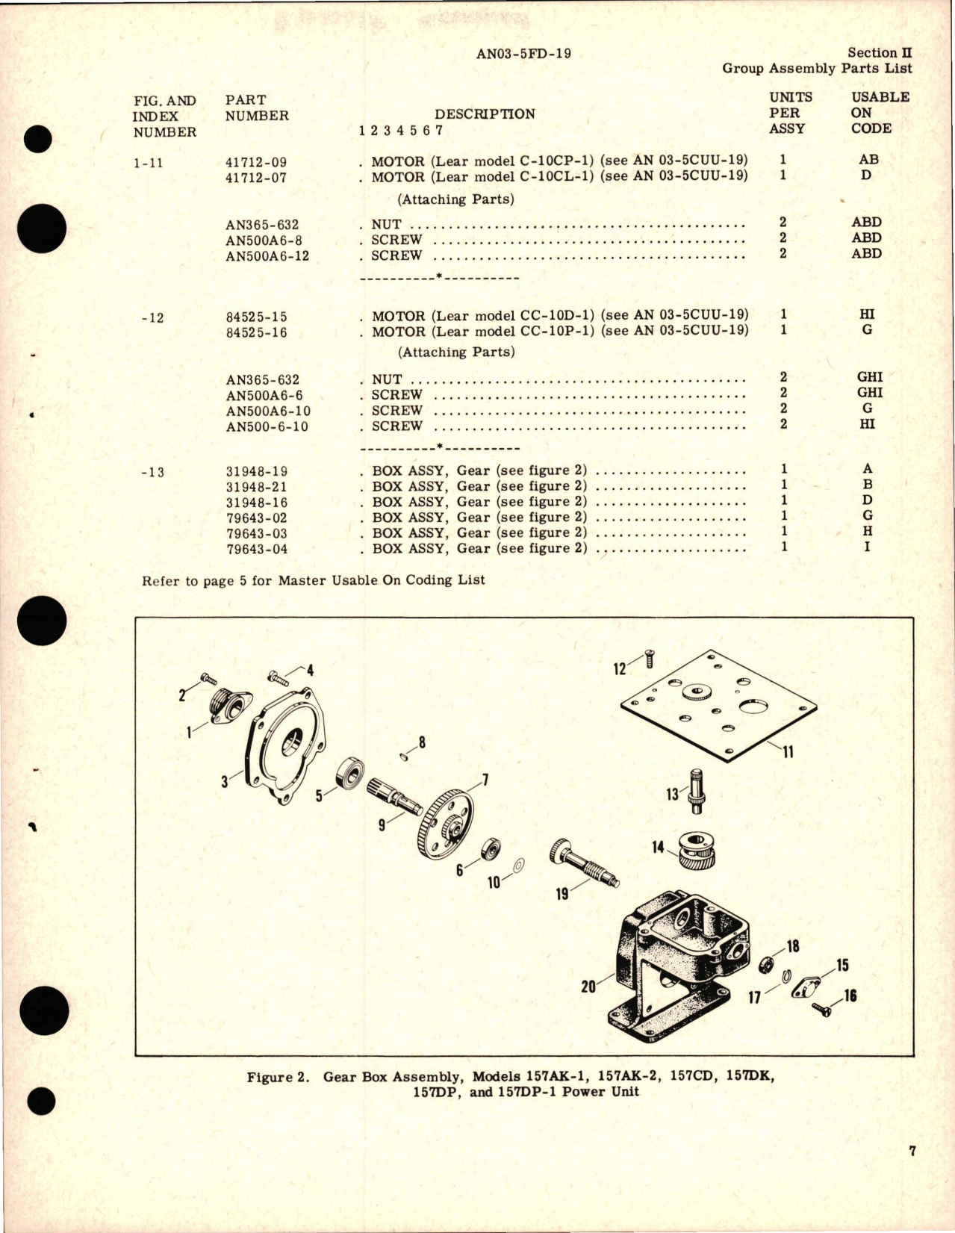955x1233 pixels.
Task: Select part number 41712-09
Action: pos(256,162)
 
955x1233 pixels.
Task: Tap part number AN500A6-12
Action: pos(267,256)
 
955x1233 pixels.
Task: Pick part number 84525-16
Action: pos(256,332)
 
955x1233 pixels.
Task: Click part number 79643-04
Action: pos(256,549)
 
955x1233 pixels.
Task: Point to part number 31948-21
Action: pos(256,487)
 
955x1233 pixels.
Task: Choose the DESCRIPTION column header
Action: pos(485,114)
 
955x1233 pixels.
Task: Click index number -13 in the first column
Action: pos(152,472)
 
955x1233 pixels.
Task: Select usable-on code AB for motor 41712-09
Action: pos(868,160)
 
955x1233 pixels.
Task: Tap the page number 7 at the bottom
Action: pos(912,1172)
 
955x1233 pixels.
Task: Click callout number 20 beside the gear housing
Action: pos(588,987)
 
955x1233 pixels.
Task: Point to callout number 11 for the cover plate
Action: pos(788,751)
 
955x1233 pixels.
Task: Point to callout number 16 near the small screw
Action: pos(850,996)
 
